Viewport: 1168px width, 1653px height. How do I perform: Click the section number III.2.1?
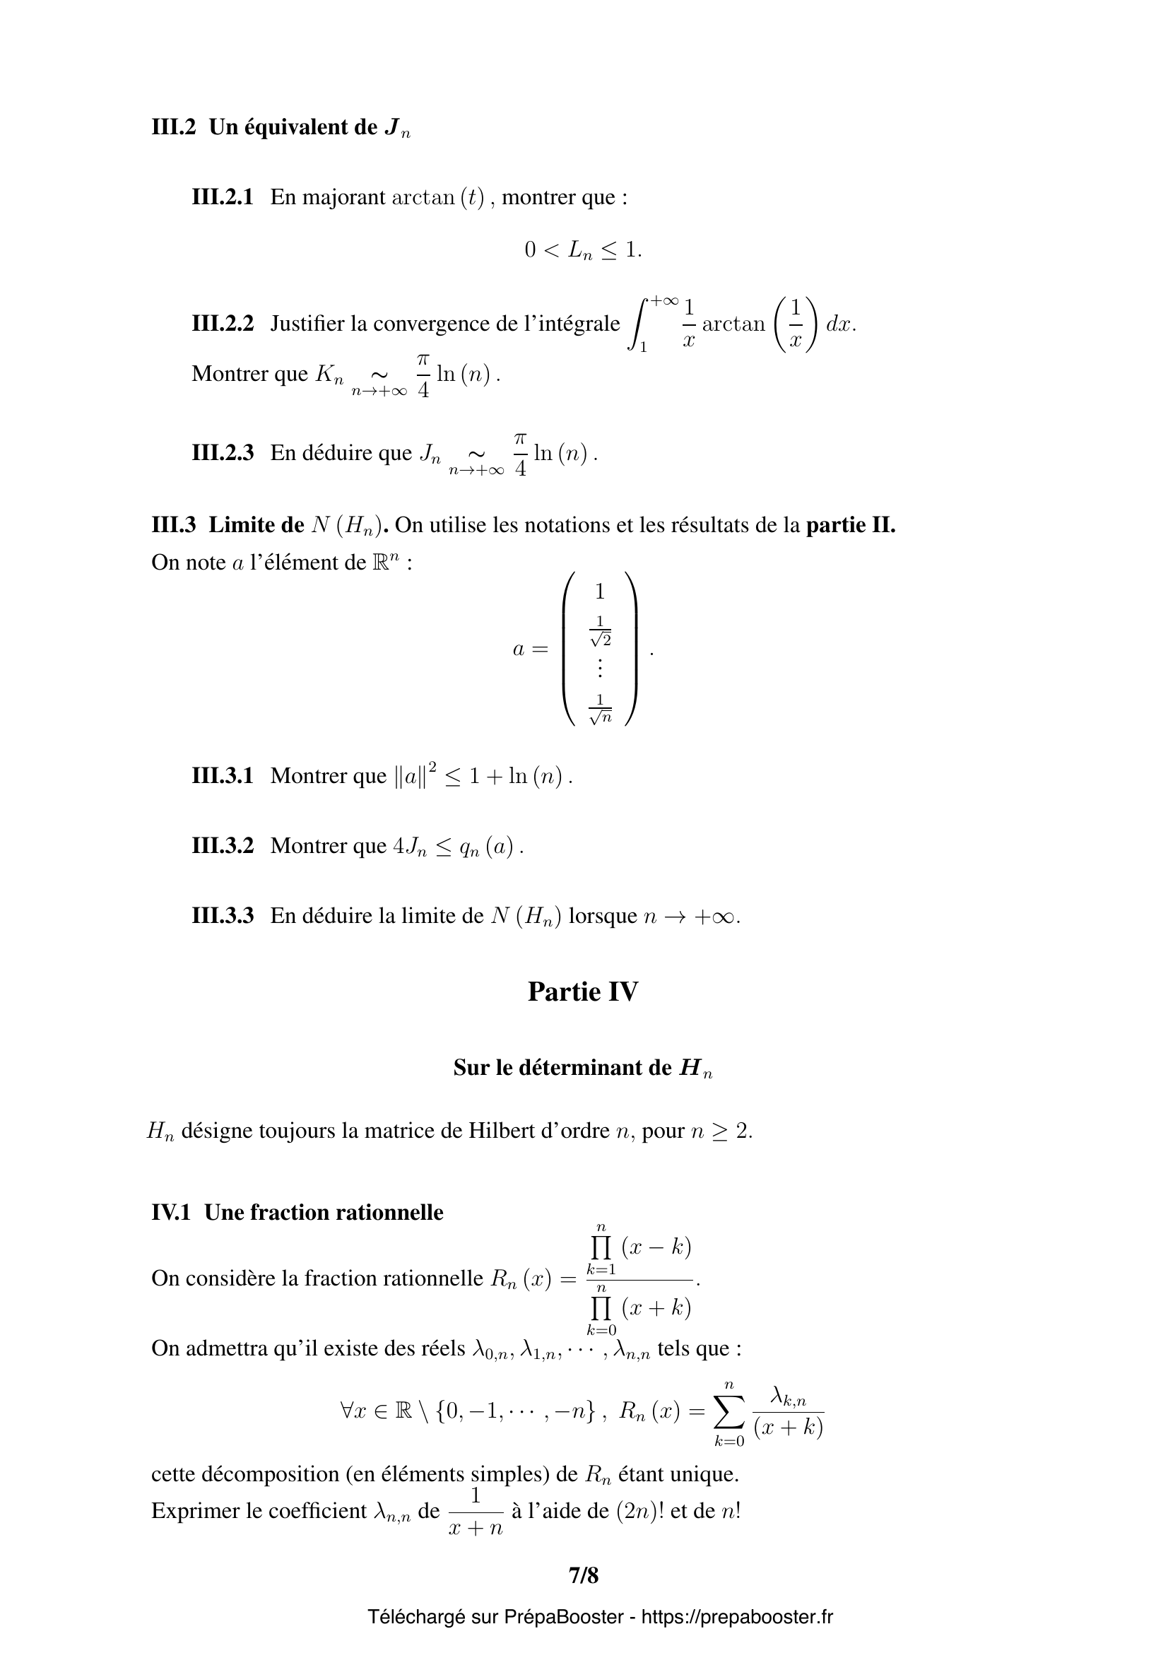click(223, 197)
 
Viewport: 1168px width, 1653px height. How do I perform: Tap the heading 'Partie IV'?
click(583, 992)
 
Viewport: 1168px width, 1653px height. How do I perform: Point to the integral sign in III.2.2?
click(637, 324)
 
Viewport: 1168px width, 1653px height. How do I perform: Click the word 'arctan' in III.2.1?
click(425, 197)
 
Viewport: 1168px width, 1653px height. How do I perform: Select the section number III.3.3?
click(223, 916)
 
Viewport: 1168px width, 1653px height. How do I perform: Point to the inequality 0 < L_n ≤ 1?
click(583, 249)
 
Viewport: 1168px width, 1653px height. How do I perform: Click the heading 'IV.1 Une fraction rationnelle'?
click(297, 1213)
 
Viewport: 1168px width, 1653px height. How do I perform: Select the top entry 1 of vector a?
click(600, 592)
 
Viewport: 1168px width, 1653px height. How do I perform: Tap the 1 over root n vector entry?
click(600, 709)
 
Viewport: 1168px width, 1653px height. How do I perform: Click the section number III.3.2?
click(223, 846)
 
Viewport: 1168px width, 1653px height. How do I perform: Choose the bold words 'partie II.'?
click(851, 525)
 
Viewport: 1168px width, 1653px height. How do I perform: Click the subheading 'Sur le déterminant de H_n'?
click(583, 1068)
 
